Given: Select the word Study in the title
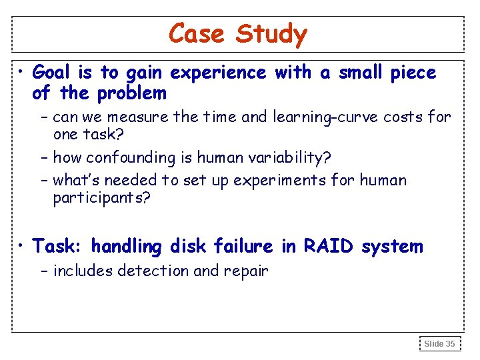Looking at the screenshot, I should tap(271, 34).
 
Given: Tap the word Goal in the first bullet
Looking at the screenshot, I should tap(56, 73).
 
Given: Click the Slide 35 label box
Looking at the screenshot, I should tap(440, 343).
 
